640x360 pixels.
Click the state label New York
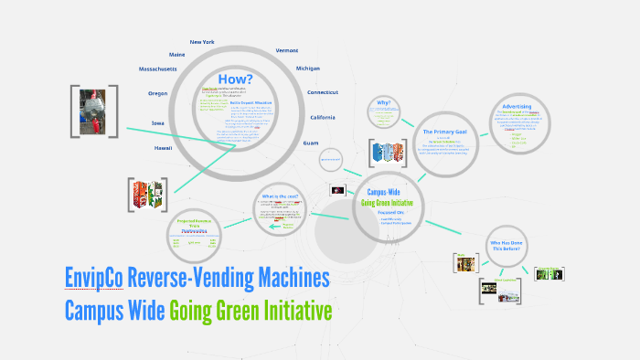(201, 42)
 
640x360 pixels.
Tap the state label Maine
(176, 55)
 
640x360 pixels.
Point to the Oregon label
(157, 93)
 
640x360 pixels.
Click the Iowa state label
(157, 122)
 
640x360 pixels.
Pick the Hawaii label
(162, 147)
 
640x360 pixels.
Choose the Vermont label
(286, 50)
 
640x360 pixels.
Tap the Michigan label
(308, 69)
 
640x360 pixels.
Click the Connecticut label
(323, 92)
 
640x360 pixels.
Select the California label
(323, 118)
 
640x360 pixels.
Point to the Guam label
(310, 143)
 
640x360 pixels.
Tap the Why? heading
(384, 102)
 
